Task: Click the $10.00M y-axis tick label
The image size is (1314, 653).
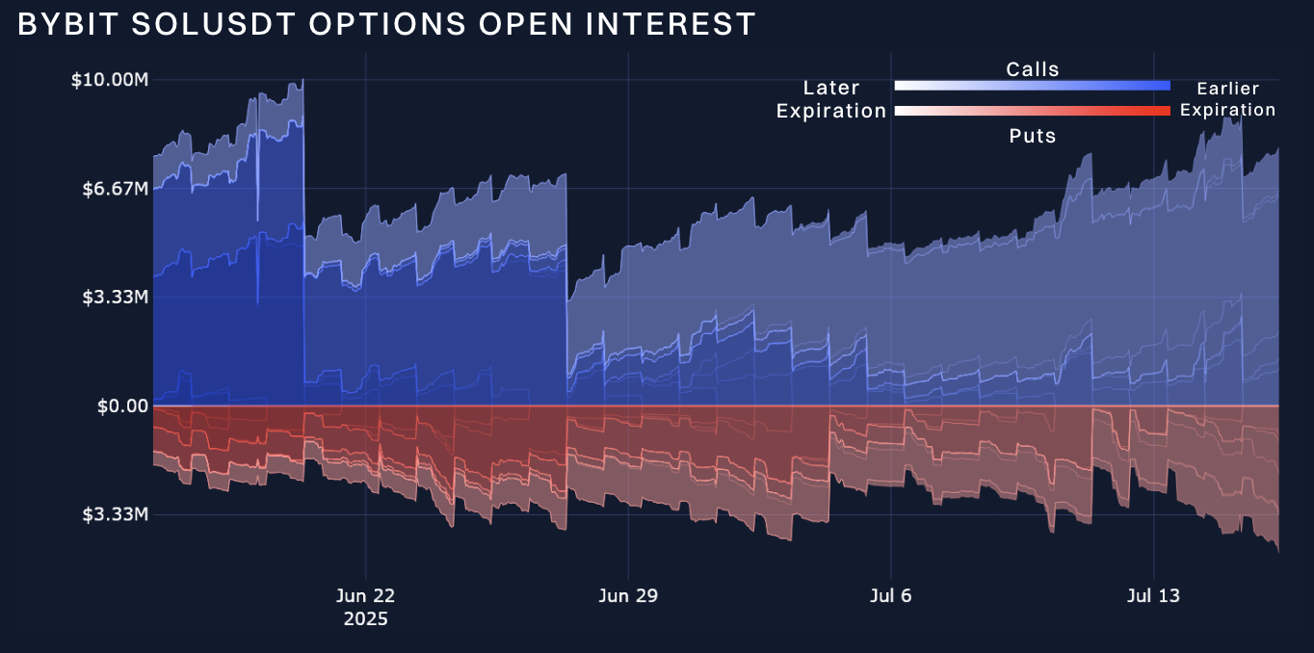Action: [110, 80]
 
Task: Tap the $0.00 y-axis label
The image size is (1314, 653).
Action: [122, 406]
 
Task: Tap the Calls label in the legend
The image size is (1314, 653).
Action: [1033, 69]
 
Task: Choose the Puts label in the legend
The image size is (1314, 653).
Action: [1033, 136]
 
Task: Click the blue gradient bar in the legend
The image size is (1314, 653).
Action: [1033, 86]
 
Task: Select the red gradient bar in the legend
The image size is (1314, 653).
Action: [1033, 111]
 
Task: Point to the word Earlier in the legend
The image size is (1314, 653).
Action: [1227, 89]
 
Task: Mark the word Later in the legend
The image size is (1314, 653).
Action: [831, 89]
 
